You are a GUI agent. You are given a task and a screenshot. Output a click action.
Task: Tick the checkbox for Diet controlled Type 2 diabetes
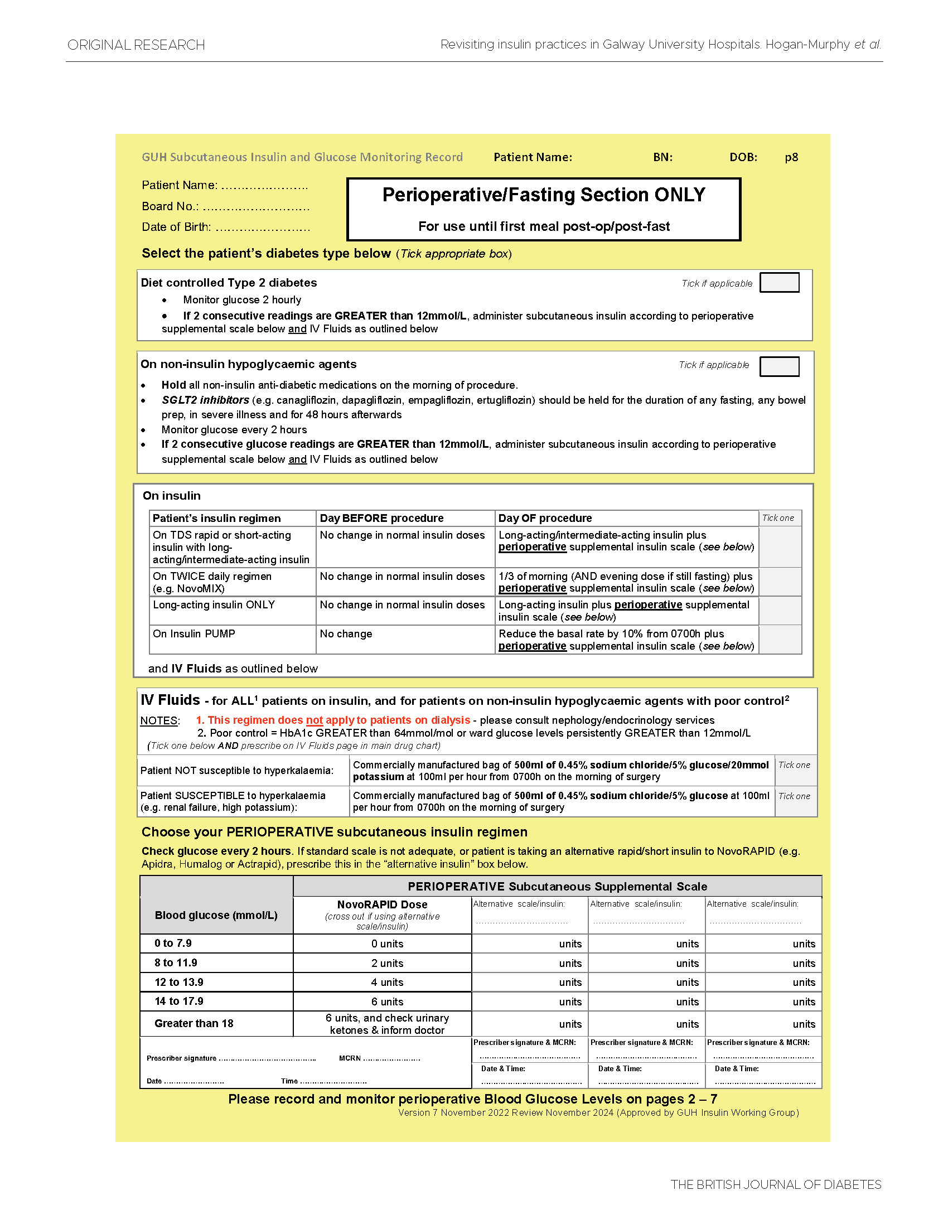(778, 283)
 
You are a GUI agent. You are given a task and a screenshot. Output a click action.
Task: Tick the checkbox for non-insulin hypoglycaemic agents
(778, 366)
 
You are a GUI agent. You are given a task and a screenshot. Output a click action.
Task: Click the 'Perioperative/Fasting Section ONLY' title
(543, 195)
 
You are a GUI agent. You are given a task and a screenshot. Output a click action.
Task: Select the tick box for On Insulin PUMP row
(780, 639)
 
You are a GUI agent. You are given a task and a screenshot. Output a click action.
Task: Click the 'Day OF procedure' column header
(545, 517)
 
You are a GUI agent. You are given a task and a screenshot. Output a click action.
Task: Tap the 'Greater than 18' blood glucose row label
(194, 1023)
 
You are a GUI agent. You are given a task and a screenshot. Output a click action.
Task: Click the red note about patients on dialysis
(332, 720)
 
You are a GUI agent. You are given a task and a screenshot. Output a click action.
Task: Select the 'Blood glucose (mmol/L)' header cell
(216, 915)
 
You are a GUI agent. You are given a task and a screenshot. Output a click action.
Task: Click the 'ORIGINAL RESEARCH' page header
(136, 45)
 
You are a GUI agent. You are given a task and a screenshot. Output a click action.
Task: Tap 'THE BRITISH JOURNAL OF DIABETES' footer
(775, 1184)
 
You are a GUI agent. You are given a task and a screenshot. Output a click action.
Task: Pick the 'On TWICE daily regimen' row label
(212, 582)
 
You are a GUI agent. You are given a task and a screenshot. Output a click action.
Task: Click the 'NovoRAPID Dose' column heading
(382, 904)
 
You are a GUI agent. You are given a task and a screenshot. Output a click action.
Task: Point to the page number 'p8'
(791, 158)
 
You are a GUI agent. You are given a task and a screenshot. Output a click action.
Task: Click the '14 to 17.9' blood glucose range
(179, 1001)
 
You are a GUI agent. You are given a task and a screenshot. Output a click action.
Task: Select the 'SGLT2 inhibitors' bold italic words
(205, 400)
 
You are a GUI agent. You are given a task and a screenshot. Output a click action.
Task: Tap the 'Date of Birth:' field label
(176, 227)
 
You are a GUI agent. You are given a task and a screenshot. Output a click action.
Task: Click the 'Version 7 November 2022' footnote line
(598, 1112)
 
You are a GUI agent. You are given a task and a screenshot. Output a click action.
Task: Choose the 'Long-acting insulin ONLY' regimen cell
(214, 604)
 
